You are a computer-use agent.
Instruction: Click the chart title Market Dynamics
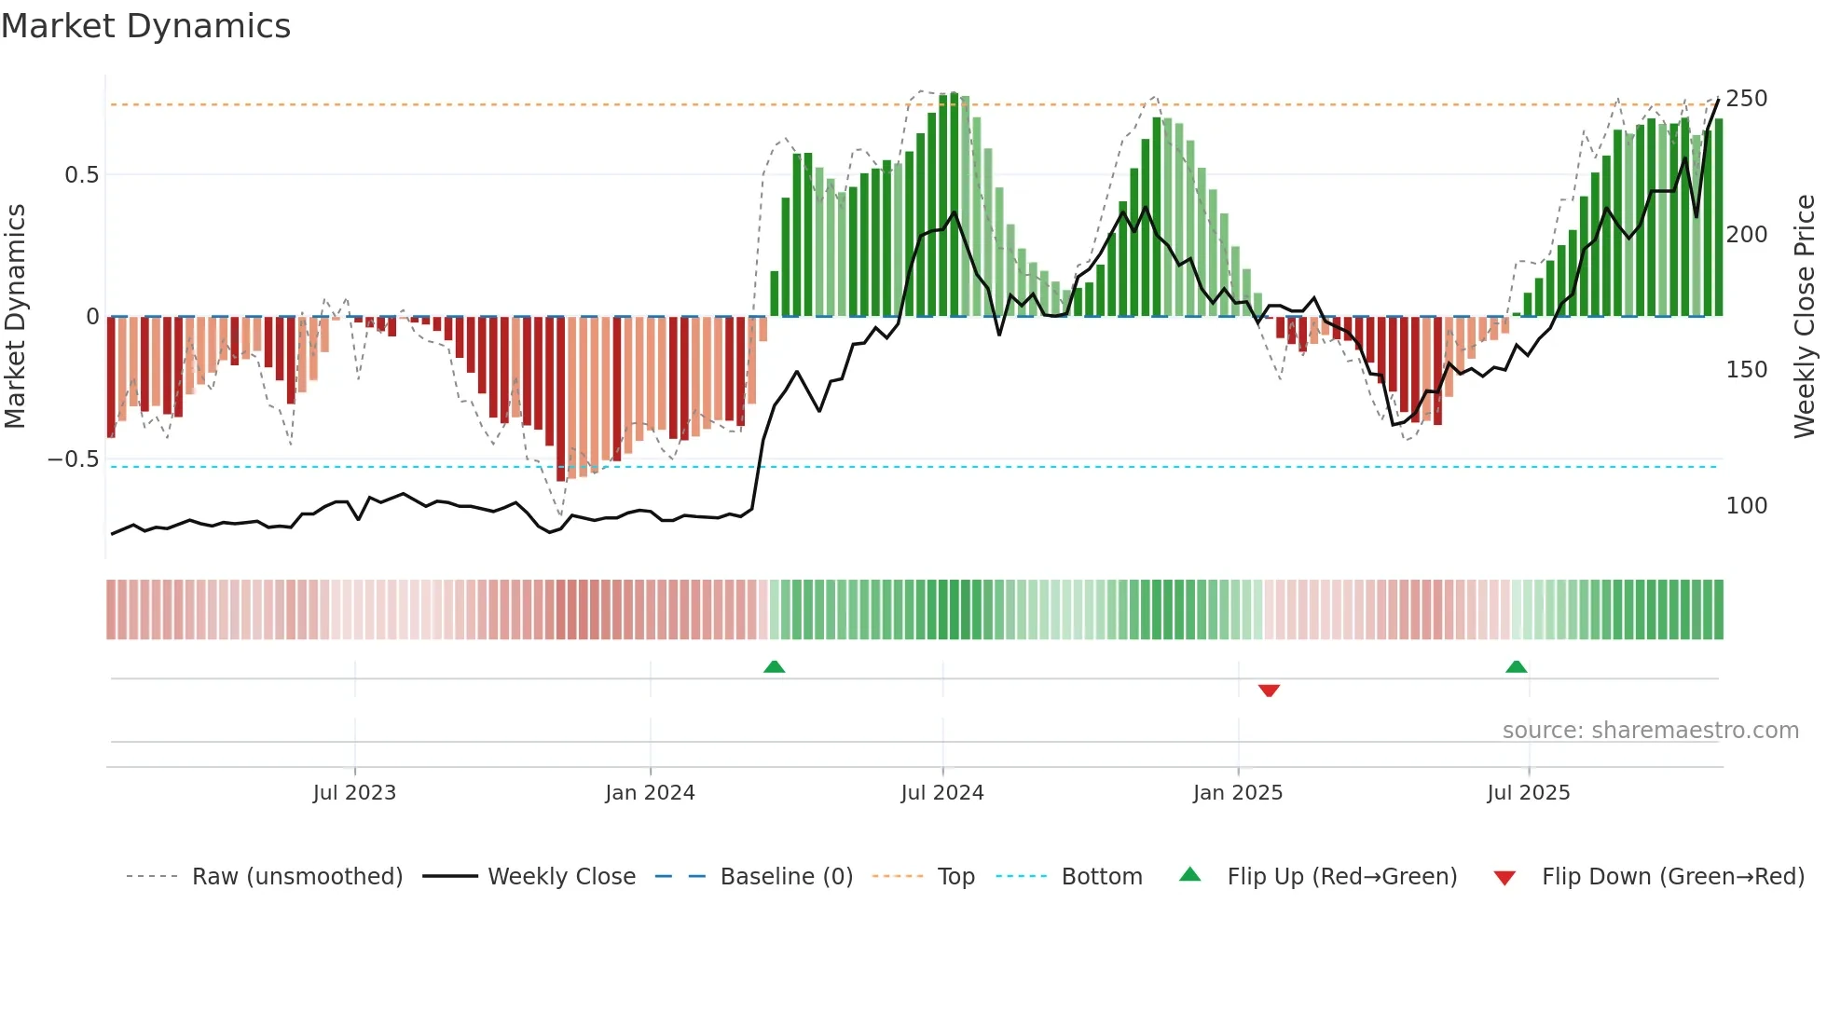pyautogui.click(x=145, y=26)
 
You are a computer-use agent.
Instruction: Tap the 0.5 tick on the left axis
pyautogui.click(x=81, y=175)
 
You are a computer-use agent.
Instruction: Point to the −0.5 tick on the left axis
pyautogui.click(x=73, y=459)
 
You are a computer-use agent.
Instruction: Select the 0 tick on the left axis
pyautogui.click(x=92, y=317)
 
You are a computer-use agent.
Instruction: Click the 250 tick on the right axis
pyautogui.click(x=1746, y=99)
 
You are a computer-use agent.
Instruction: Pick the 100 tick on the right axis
pyautogui.click(x=1746, y=506)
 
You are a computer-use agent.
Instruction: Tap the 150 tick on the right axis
pyautogui.click(x=1746, y=370)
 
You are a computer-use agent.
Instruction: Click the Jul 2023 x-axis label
pyautogui.click(x=354, y=793)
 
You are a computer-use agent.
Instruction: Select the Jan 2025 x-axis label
pyautogui.click(x=1237, y=793)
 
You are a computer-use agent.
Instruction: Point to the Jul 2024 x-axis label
pyautogui.click(x=941, y=793)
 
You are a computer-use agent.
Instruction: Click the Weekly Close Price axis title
pyautogui.click(x=1805, y=317)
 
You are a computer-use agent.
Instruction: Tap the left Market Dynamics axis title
pyautogui.click(x=15, y=317)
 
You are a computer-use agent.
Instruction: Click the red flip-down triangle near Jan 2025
pyautogui.click(x=1269, y=691)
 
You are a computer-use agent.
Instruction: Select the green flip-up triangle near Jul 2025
pyautogui.click(x=1516, y=666)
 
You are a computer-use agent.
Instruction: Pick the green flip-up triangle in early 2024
pyautogui.click(x=774, y=666)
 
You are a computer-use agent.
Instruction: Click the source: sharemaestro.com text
pyautogui.click(x=1650, y=731)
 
